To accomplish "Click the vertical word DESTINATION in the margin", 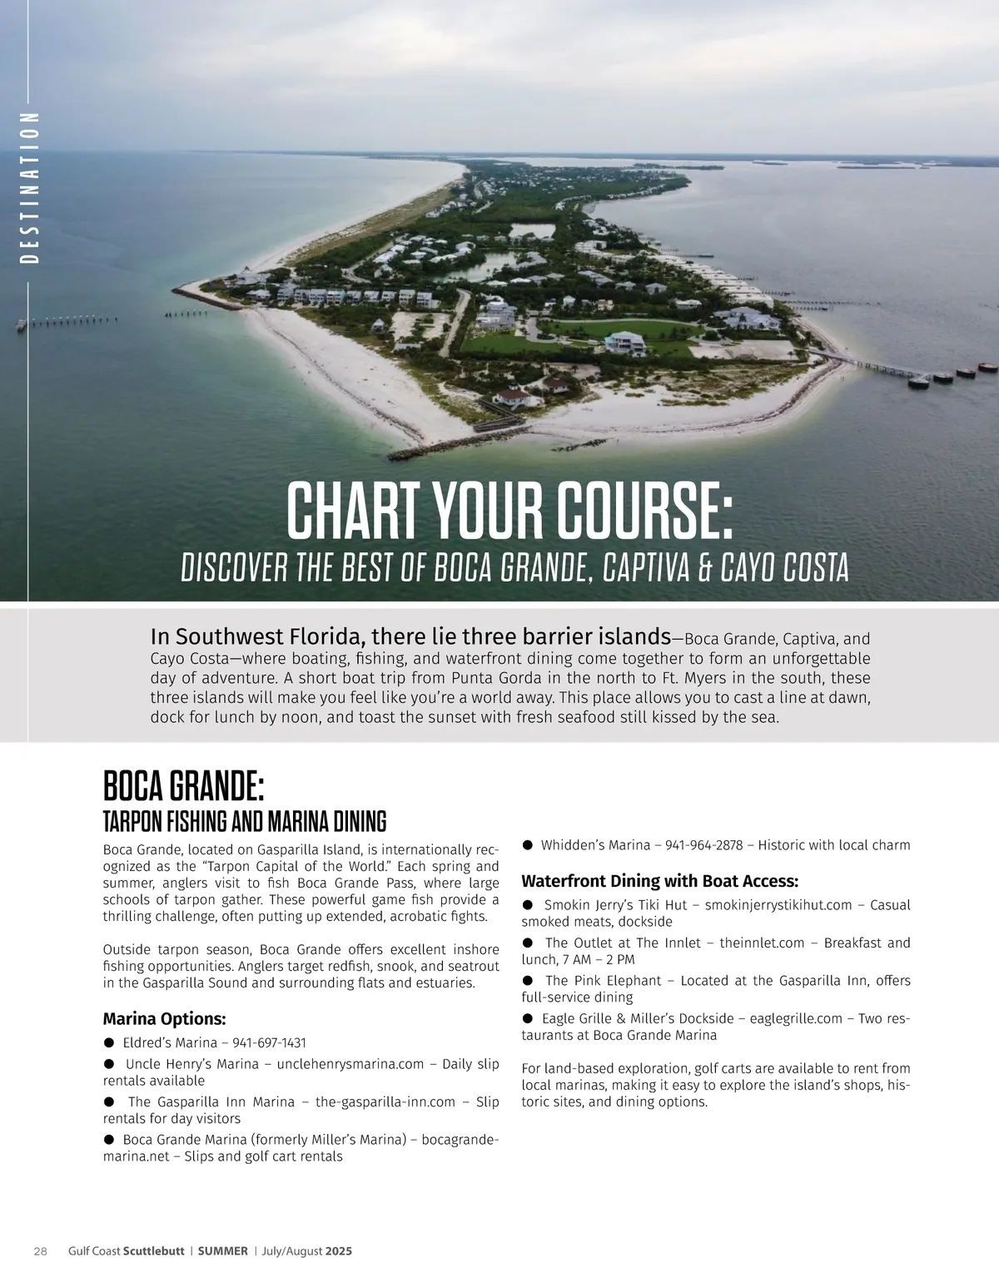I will (29, 188).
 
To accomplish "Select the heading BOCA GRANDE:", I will (184, 786).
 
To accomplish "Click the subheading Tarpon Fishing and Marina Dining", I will (244, 822).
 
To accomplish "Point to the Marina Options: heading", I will (164, 1019).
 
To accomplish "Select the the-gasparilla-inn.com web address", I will (385, 1101).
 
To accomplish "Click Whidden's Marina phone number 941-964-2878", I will (704, 845).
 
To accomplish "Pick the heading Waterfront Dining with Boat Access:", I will (659, 881).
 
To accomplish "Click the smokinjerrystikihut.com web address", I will (766, 905).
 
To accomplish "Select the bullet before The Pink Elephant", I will (528, 981).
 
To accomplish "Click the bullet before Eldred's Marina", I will (108, 1042).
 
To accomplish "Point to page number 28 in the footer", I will (40, 1250).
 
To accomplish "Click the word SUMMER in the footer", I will (224, 1250).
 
